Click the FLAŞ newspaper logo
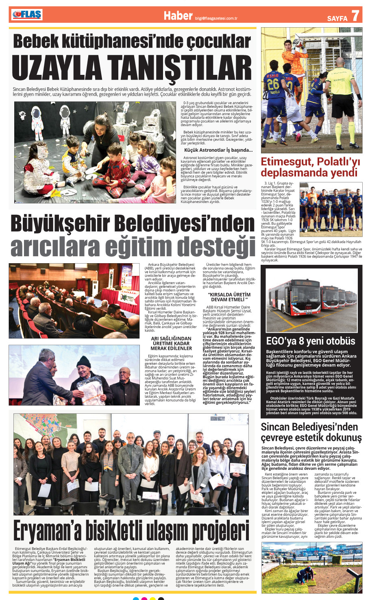[27, 15]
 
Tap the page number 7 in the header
[355, 16]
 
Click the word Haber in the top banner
[178, 15]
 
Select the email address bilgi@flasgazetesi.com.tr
[216, 18]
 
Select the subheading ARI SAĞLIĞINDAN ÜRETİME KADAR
[171, 341]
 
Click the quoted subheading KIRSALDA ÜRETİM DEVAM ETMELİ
[229, 297]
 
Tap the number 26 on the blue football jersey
[273, 84]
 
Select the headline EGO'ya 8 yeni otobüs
[311, 341]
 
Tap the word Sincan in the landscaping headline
[277, 427]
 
